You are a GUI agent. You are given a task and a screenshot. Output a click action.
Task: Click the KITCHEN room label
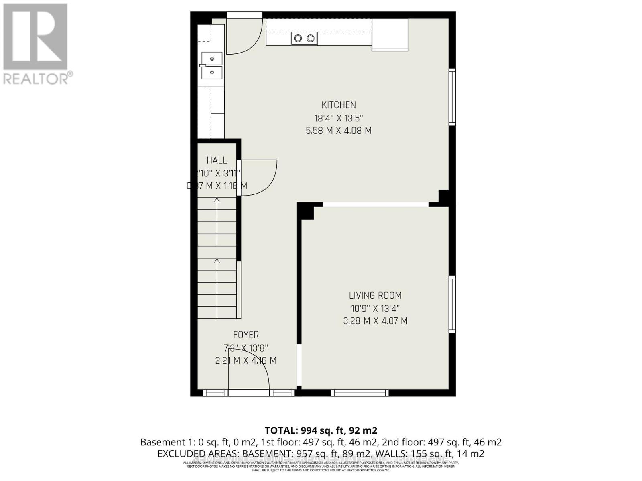339,105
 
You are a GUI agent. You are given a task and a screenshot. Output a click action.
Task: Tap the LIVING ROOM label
375,295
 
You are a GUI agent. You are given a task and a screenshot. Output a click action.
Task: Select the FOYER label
246,335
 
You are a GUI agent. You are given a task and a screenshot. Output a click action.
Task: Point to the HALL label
217,160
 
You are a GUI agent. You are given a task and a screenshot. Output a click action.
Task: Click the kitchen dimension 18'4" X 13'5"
339,118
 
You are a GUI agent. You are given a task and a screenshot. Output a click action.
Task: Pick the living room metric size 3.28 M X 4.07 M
375,321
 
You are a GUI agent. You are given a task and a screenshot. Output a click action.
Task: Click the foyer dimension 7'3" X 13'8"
246,348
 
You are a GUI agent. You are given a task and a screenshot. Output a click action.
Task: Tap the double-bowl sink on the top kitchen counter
304,38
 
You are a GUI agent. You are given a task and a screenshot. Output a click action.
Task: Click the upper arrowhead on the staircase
217,200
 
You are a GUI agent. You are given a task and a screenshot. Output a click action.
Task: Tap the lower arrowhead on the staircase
217,261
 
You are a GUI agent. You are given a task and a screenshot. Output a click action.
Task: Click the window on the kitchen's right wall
452,97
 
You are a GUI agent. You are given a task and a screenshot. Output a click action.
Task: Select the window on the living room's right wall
452,305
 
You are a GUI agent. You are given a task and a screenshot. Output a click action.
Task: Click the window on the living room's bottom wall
360,393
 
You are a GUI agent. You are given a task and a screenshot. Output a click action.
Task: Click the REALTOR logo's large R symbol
35,37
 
